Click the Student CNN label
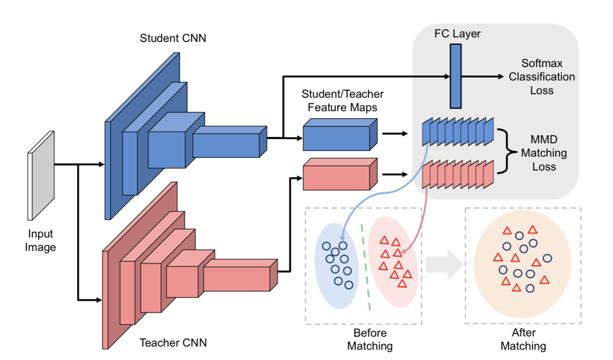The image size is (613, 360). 173,39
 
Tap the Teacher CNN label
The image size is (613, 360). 173,343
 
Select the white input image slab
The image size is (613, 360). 41,175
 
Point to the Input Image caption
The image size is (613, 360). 41,240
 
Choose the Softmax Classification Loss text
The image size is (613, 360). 541,77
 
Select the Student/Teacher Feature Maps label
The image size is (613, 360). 342,101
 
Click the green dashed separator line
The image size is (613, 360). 366,267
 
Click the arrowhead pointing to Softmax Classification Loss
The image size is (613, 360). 499,77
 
